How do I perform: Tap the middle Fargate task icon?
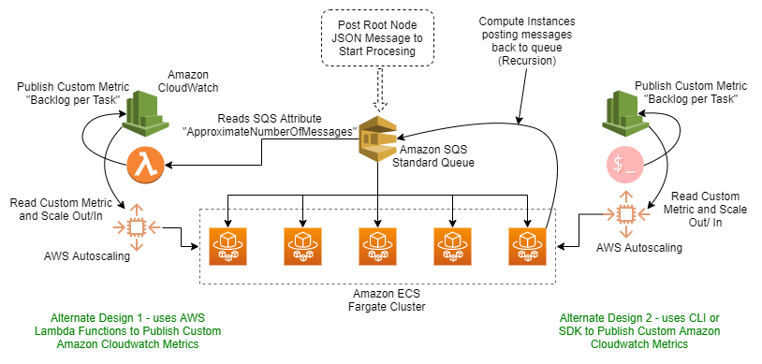(376, 245)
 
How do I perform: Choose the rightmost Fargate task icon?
(526, 245)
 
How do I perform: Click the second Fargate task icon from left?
(302, 245)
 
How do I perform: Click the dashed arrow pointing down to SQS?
(378, 93)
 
